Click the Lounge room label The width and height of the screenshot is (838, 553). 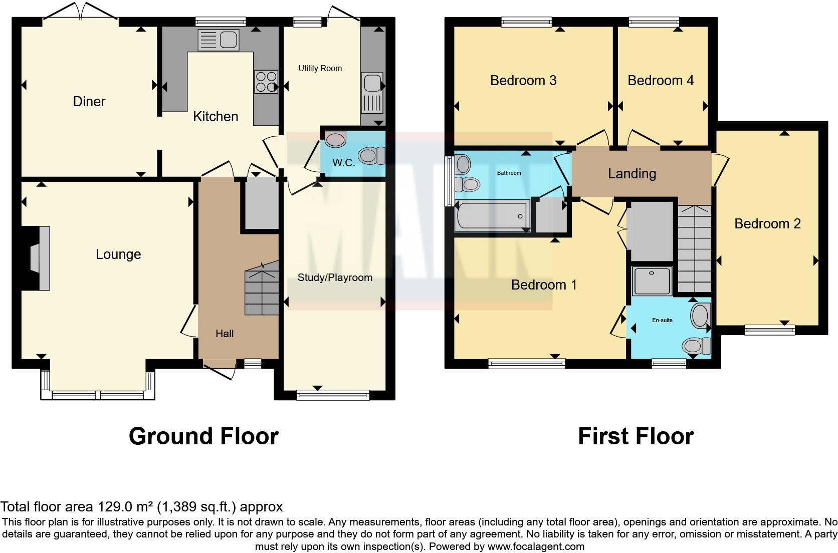[x=118, y=254]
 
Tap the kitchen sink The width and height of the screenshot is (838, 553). [x=219, y=40]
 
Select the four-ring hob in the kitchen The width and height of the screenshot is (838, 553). [x=266, y=82]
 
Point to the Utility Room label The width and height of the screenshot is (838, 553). [x=320, y=69]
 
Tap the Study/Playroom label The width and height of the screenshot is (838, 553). [x=335, y=278]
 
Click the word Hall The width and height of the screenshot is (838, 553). [x=225, y=334]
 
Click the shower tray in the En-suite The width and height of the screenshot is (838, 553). [x=652, y=281]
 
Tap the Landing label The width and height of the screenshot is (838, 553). [x=632, y=174]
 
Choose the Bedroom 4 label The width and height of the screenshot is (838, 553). [x=660, y=81]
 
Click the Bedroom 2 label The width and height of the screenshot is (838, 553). [x=767, y=224]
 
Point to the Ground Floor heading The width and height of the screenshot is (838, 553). [x=203, y=436]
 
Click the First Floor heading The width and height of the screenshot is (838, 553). [x=636, y=436]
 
